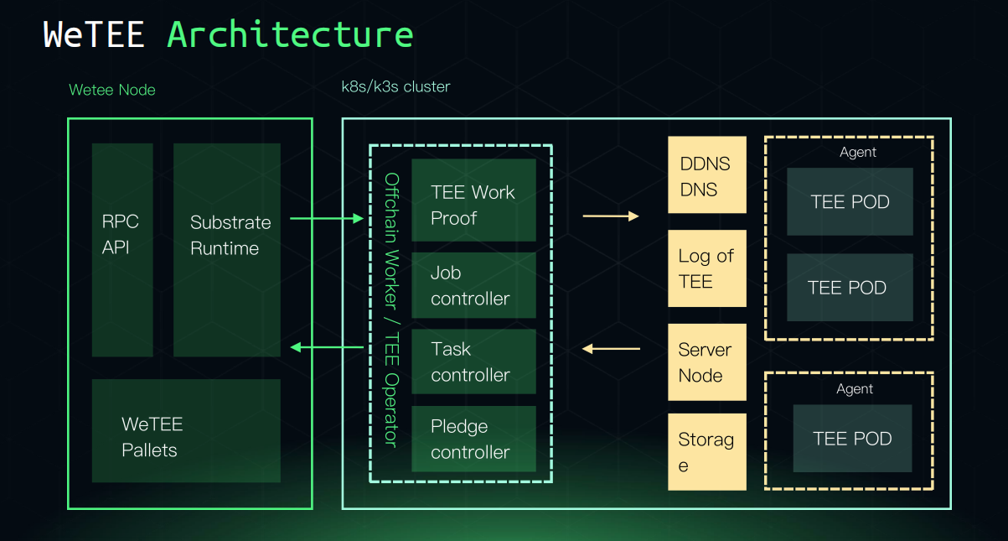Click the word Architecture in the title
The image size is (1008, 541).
click(290, 35)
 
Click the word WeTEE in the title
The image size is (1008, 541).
click(94, 35)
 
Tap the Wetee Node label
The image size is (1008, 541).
click(112, 90)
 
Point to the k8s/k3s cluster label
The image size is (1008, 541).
click(395, 86)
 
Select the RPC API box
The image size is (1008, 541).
click(122, 249)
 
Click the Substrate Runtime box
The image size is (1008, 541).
click(227, 249)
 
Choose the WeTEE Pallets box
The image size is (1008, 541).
click(186, 430)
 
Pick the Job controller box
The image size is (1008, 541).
click(473, 285)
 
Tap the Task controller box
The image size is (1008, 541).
click(473, 362)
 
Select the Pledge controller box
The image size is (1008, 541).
click(473, 439)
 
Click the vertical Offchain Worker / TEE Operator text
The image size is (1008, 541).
click(391, 310)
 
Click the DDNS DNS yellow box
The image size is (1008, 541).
click(706, 175)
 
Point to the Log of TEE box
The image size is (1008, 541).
click(706, 268)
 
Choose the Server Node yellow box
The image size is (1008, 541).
click(706, 362)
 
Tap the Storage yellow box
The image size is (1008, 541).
click(706, 451)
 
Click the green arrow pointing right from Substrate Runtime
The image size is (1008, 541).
click(326, 219)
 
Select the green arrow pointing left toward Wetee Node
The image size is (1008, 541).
click(326, 347)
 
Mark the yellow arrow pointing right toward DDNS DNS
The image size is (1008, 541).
click(610, 216)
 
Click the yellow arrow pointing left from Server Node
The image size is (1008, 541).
click(611, 348)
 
